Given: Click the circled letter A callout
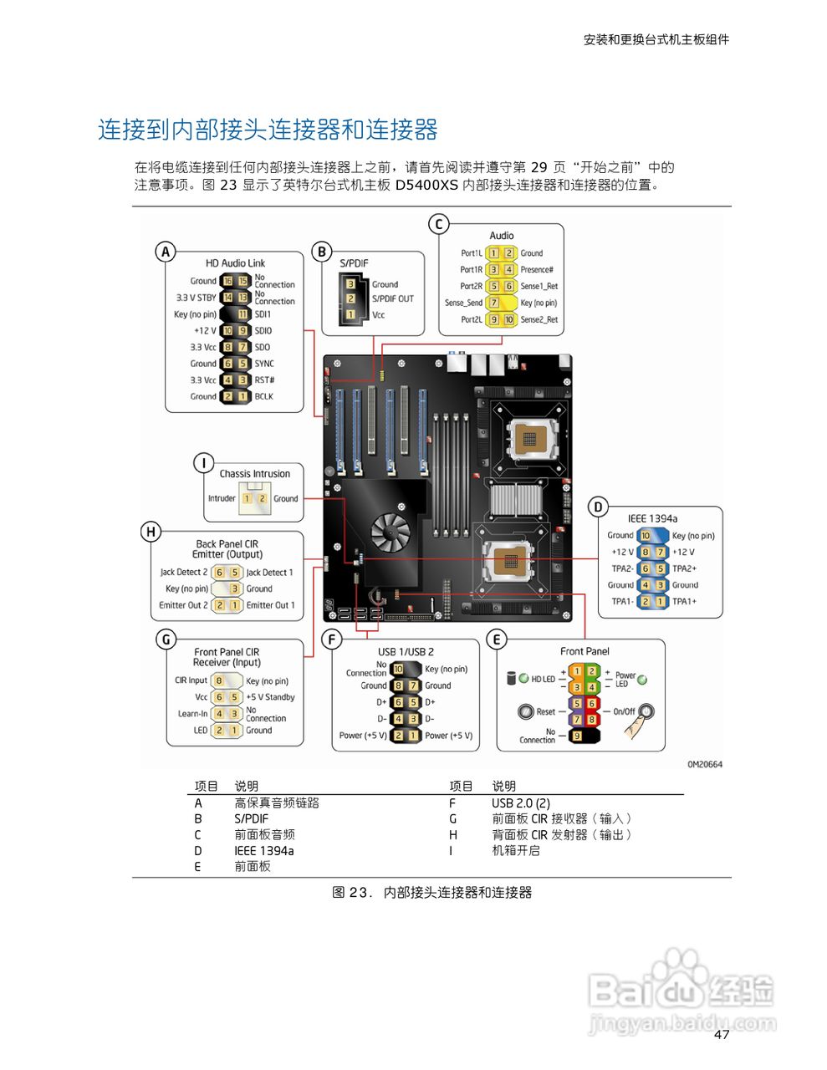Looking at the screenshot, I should tap(166, 252).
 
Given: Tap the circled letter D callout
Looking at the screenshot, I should tap(597, 507).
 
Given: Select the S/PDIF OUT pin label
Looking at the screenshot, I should tap(392, 298).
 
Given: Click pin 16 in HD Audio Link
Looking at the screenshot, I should tap(227, 281).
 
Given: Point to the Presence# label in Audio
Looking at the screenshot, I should tap(536, 269).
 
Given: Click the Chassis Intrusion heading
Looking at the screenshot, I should tap(254, 474).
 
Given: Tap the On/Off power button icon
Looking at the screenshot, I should tap(646, 712).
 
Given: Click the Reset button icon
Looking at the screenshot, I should tap(526, 711).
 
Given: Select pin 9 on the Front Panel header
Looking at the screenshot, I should tap(576, 736).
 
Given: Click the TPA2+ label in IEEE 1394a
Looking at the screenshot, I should tap(684, 568).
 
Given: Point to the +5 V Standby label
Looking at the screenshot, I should tap(270, 697).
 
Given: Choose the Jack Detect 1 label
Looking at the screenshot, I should tap(269, 573).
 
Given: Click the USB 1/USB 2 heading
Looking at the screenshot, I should tap(406, 652).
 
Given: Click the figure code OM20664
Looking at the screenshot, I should tap(704, 764).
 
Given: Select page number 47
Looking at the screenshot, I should tap(722, 1035).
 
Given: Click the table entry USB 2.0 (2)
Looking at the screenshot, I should tap(520, 803).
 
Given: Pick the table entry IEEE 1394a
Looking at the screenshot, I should tap(263, 851).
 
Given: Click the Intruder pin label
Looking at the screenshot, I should tap(222, 498).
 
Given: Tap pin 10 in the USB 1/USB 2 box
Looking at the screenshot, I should tap(398, 669).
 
